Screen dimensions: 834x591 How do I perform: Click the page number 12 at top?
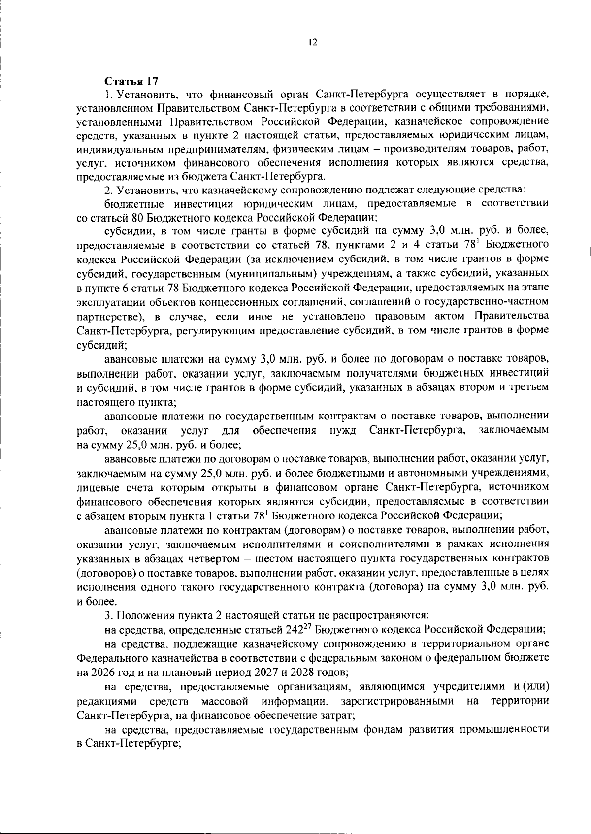click(312, 43)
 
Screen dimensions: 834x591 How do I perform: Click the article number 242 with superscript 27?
click(295, 630)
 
